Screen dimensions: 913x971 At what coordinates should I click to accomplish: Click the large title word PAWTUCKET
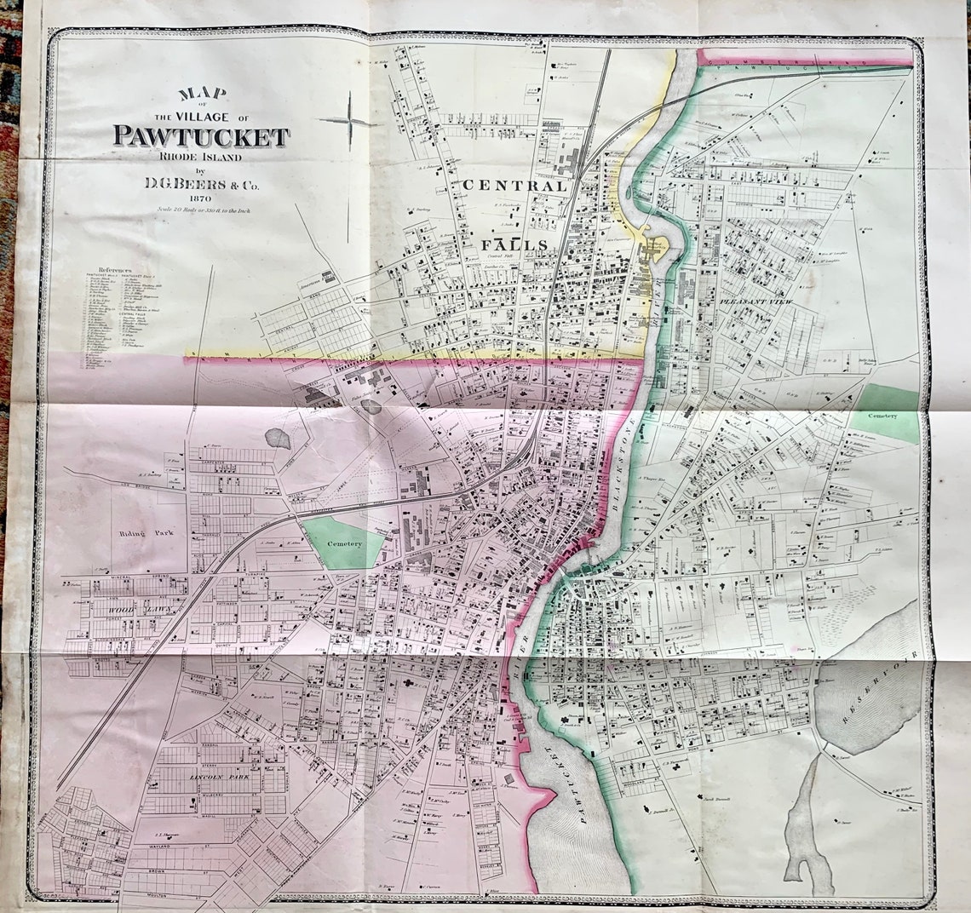pos(201,136)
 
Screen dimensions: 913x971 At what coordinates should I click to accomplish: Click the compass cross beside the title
pos(349,122)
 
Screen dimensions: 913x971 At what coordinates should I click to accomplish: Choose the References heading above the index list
pos(114,269)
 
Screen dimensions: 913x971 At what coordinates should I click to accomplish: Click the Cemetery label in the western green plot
pos(344,543)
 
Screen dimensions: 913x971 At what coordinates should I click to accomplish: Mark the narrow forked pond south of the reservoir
pos(806,822)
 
